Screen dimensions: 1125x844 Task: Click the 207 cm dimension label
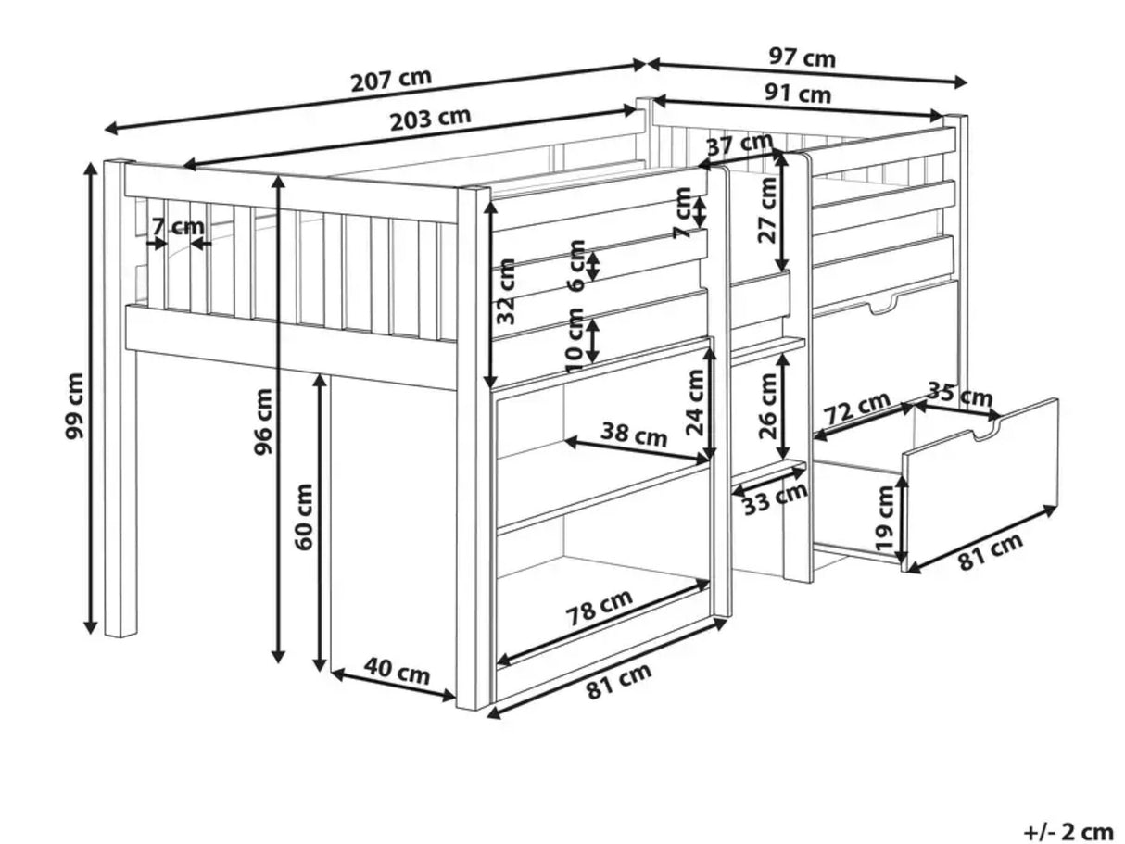pos(391,81)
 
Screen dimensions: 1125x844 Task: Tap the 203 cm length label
pos(430,119)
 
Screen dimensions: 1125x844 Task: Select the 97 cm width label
pos(803,58)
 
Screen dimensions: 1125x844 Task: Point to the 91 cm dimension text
pos(798,94)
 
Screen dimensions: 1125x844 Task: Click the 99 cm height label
pos(74,406)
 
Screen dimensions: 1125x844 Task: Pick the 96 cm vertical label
pos(263,422)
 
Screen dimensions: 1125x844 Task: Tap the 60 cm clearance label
pos(304,517)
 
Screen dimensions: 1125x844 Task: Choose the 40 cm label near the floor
pos(397,672)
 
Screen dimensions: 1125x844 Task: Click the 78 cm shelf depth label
pos(599,609)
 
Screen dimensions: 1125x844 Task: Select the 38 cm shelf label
pos(634,435)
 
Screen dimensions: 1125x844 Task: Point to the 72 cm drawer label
pos(856,408)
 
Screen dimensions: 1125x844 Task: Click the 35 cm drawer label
pos(960,395)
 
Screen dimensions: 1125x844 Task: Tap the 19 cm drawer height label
pos(885,518)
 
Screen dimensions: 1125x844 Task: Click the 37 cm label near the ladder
pos(740,144)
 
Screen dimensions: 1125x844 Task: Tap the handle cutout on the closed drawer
pos(882,308)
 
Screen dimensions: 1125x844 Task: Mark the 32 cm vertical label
pos(506,292)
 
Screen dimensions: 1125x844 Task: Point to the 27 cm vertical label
pos(766,211)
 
